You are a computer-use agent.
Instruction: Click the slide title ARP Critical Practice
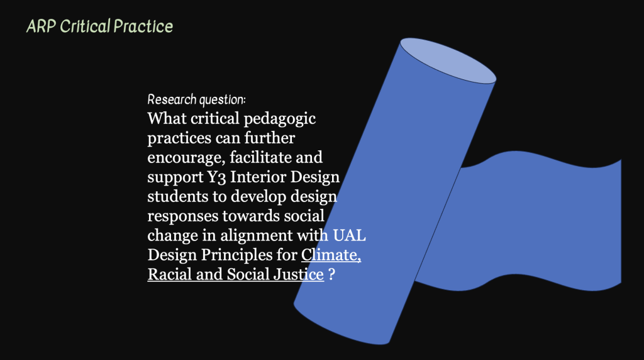[100, 26]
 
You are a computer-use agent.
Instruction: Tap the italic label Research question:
[196, 100]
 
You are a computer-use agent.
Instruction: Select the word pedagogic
[280, 119]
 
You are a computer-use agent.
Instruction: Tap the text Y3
[216, 177]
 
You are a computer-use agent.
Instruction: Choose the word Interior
[258, 177]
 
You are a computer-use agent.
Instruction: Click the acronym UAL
[349, 235]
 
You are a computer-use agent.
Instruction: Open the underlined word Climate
[331, 255]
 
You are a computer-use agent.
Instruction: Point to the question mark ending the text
[332, 274]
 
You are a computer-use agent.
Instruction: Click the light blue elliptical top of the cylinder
[448, 61]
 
